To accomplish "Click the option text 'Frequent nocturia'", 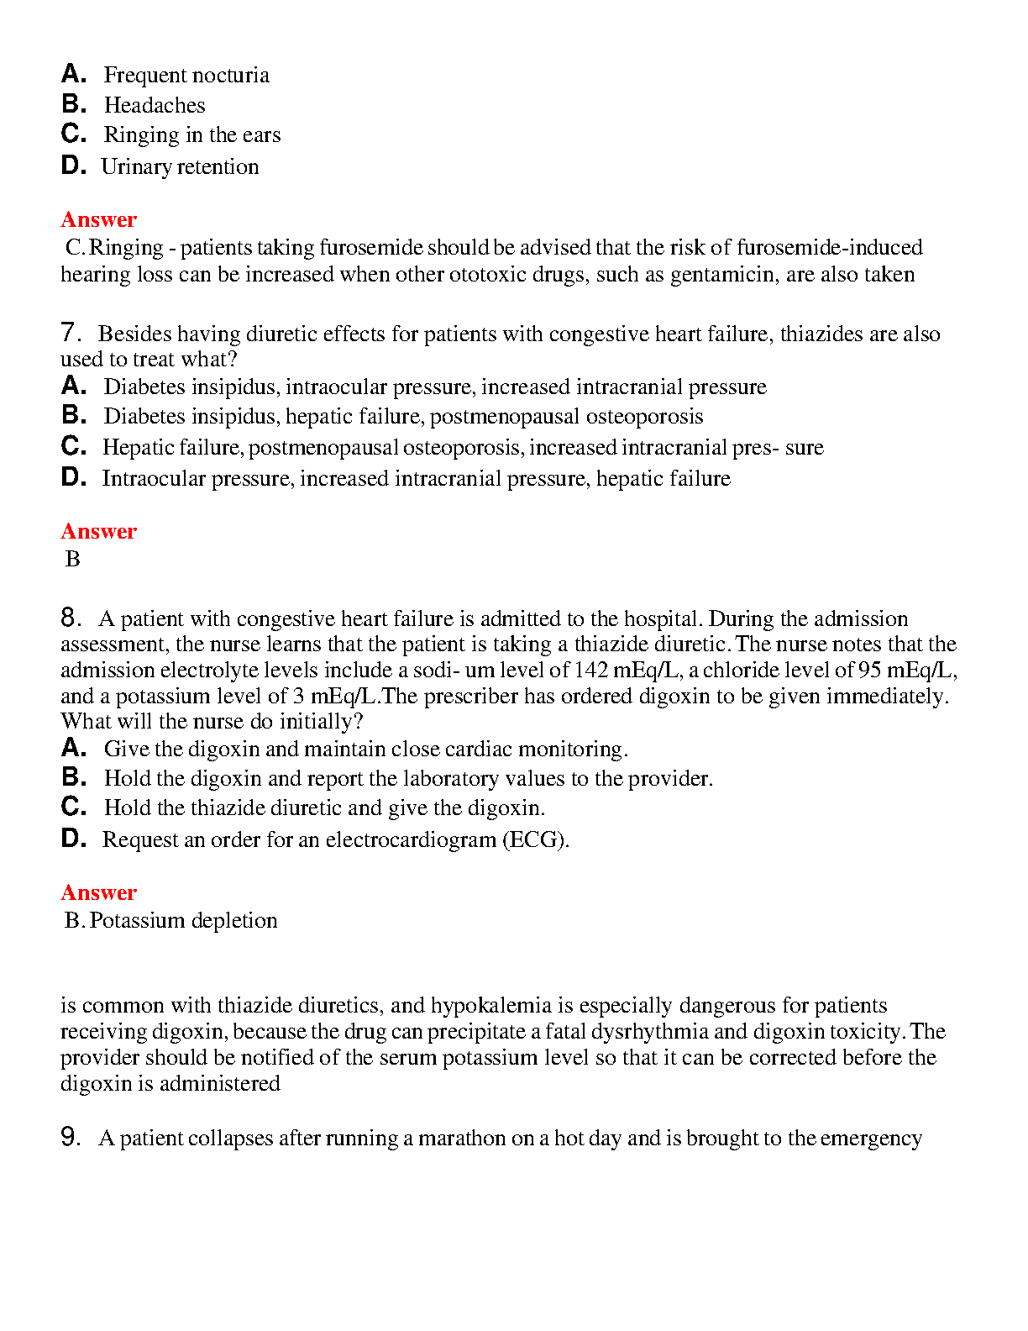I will point(186,76).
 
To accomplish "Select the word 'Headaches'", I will point(155,106).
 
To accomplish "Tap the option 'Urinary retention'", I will point(180,167).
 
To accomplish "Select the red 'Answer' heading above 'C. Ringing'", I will point(98,219).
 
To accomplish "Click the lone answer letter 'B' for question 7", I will point(73,559).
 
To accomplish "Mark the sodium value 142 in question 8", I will point(591,670).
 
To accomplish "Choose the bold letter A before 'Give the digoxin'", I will point(73,748).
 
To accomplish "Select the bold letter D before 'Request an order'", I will point(73,839).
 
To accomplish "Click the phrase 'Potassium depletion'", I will point(183,921).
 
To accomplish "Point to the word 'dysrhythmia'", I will point(690,1032).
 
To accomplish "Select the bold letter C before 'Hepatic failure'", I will point(73,446).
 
